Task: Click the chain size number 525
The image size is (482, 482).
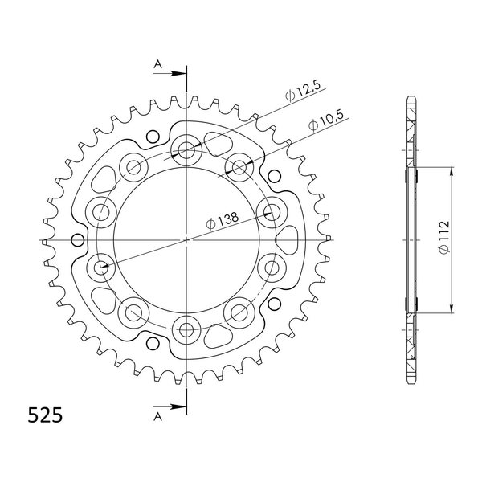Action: click(45, 415)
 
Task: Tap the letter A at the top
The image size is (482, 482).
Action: click(157, 64)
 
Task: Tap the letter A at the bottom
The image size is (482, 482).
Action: click(157, 416)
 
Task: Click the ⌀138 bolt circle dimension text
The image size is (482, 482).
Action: click(223, 221)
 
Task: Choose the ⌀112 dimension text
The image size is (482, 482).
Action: click(444, 237)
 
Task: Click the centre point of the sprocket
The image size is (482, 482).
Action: click(186, 239)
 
